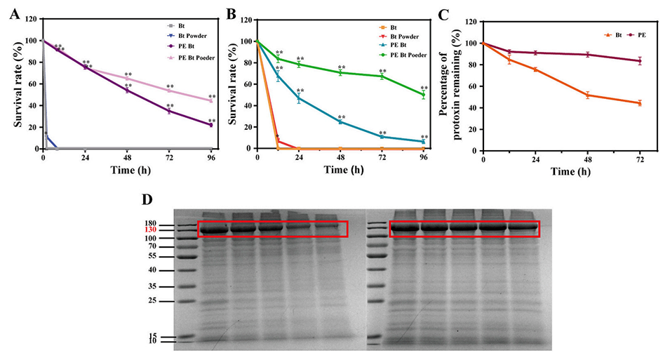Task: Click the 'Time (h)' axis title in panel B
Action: click(x=340, y=170)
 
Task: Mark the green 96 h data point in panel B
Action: click(x=423, y=95)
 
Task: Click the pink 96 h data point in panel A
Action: click(x=210, y=100)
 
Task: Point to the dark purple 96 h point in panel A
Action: click(x=210, y=125)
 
